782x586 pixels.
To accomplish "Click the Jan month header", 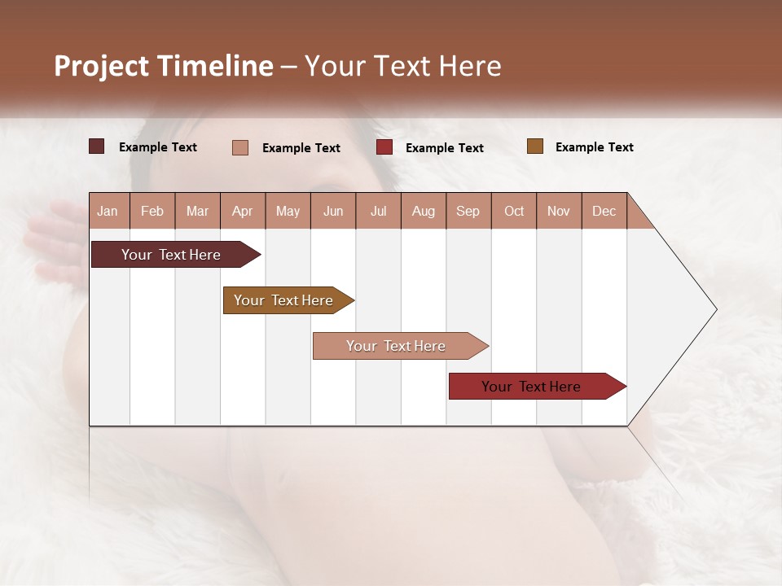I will click(108, 211).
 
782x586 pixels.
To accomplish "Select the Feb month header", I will click(152, 211).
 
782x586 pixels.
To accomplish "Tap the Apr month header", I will click(243, 211).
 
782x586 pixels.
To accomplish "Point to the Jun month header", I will click(333, 211).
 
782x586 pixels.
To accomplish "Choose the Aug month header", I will click(424, 211).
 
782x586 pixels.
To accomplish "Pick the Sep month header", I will click(468, 211).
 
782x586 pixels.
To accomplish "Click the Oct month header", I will click(514, 211).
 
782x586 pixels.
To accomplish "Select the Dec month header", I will click(604, 211).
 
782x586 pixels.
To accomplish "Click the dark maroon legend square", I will click(97, 146).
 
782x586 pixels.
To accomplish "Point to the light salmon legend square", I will click(240, 147).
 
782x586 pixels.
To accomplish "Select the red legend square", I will click(384, 147).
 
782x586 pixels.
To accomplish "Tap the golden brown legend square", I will click(534, 146).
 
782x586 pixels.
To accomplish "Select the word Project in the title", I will click(101, 66).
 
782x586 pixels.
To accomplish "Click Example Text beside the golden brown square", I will click(594, 147).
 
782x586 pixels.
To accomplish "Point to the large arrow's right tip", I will click(715, 309).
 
